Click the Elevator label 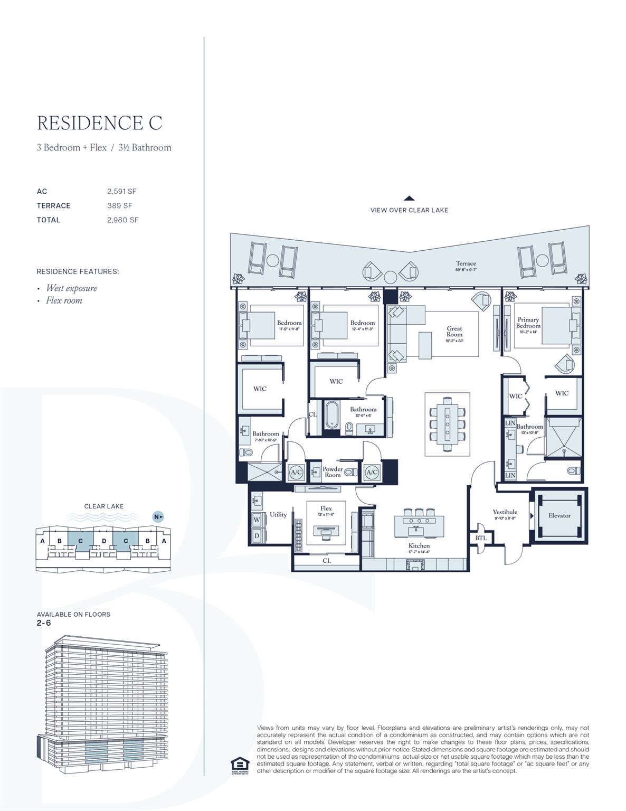tap(559, 515)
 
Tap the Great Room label tap(454, 332)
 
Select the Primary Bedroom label tap(528, 323)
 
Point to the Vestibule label tap(505, 512)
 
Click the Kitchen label tap(419, 545)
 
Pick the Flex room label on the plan tap(326, 508)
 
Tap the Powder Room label tap(333, 471)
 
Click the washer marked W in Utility tap(257, 519)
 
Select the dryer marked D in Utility tap(257, 535)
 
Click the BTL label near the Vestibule tap(481, 538)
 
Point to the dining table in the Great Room tap(448, 424)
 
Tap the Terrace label tap(466, 263)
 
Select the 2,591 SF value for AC tap(122, 191)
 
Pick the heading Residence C tap(100, 122)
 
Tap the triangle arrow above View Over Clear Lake tap(409, 199)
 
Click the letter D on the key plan tap(104, 541)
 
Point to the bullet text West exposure tap(71, 288)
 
